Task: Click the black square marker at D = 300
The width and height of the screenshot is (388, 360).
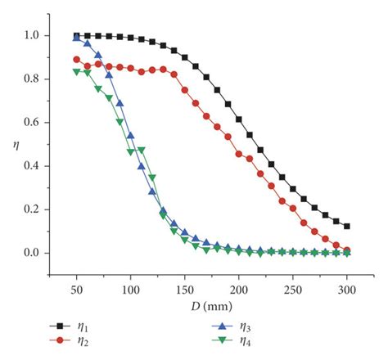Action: [347, 226]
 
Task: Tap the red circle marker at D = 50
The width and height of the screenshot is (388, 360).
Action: [77, 60]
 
